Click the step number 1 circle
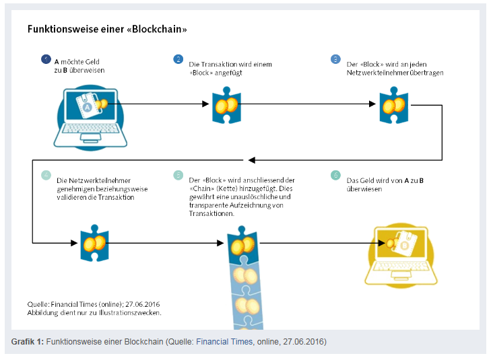(46, 59)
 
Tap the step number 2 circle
(178, 59)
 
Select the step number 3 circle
(335, 59)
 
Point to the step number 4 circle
(46, 175)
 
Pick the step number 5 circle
(178, 175)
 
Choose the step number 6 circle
(335, 175)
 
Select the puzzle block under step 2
(227, 105)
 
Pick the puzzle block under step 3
(393, 105)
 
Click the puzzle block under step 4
(94, 243)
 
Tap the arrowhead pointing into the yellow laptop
(381, 243)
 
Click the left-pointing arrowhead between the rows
(252, 160)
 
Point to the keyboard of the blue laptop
(90, 129)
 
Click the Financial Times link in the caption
(224, 342)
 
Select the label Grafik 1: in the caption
(27, 342)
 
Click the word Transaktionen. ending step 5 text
(211, 213)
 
